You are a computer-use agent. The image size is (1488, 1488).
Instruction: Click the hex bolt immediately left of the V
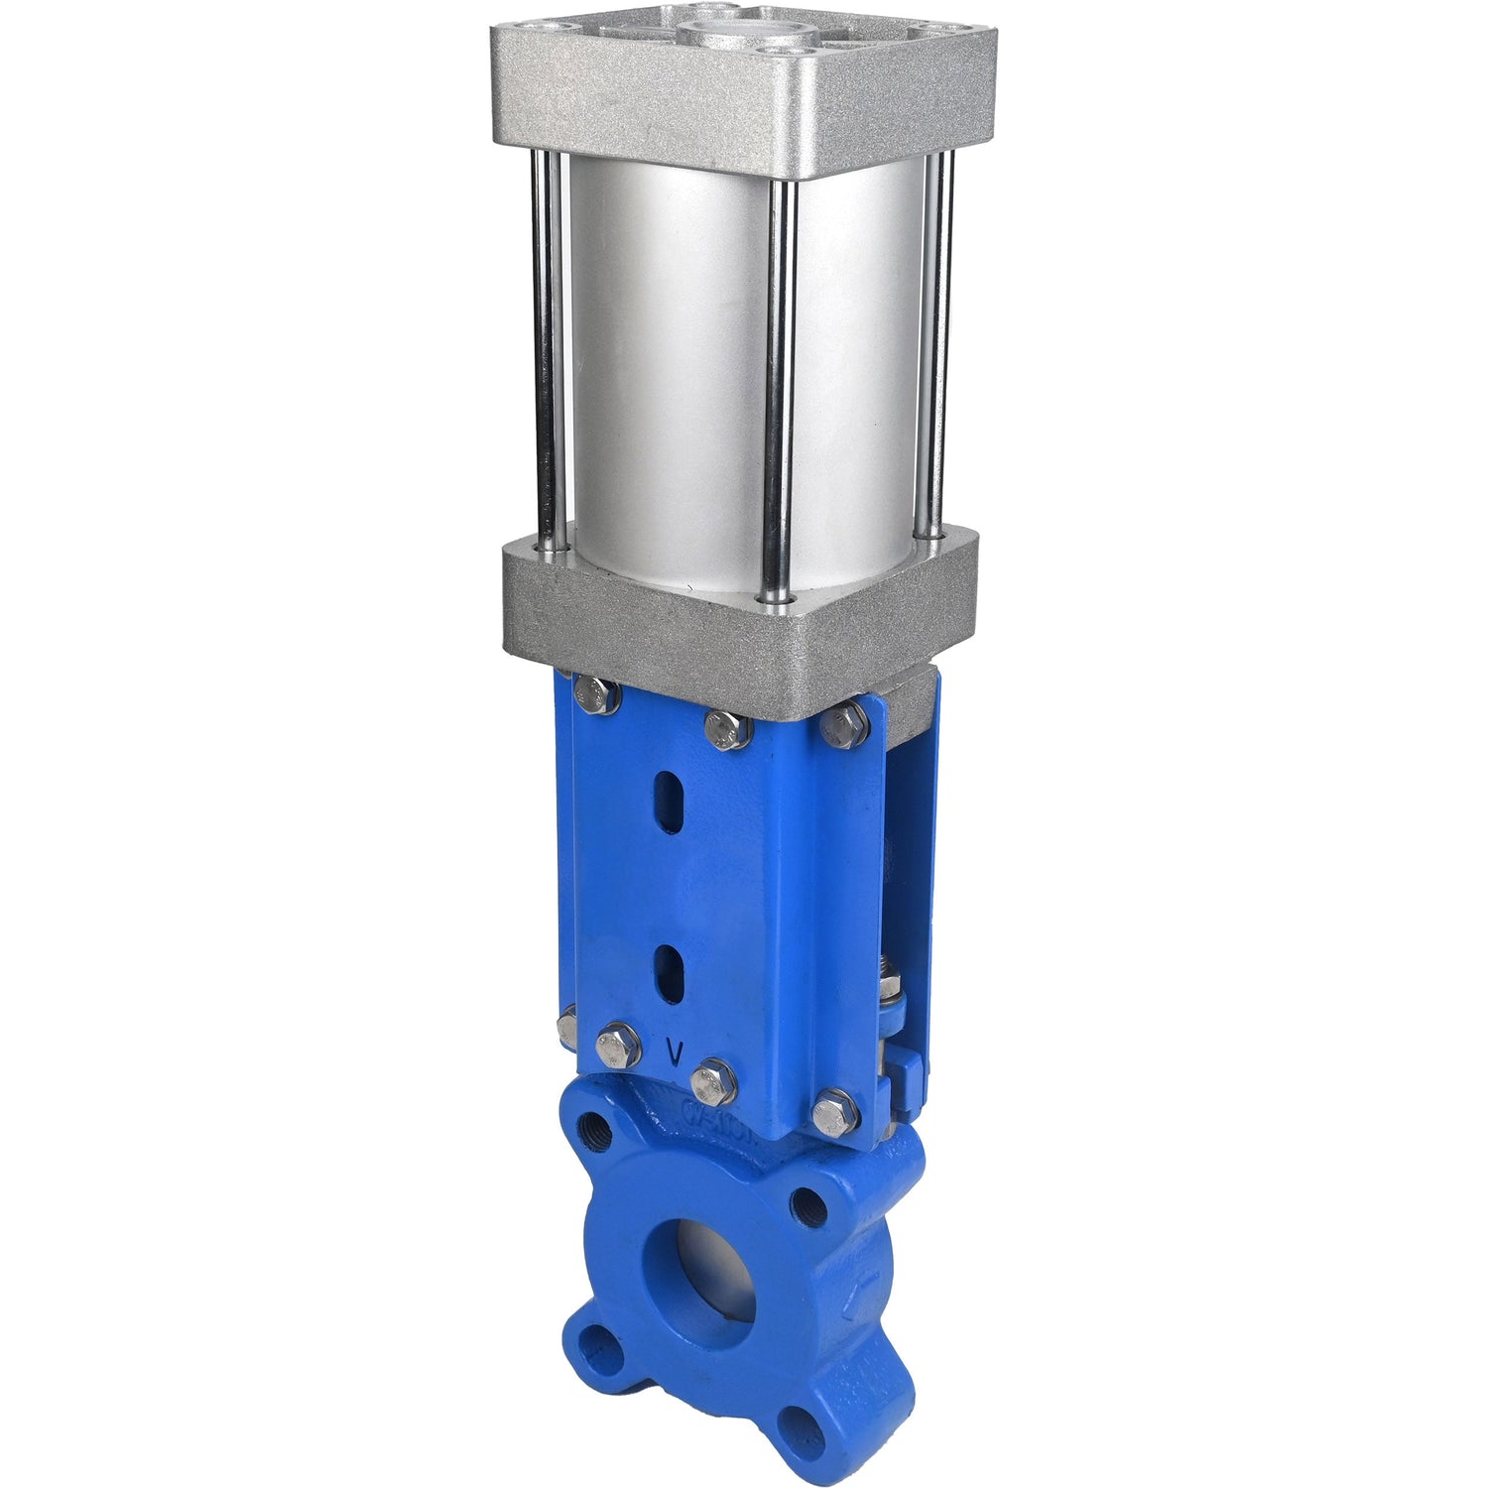[x=619, y=1045]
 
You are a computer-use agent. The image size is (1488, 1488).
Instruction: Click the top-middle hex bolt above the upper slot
[x=727, y=728]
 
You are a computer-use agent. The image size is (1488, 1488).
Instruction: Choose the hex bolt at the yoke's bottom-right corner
[x=836, y=1113]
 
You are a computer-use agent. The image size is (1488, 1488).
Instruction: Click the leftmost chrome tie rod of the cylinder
[x=549, y=347]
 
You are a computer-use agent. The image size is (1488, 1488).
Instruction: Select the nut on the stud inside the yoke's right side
[x=891, y=988]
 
